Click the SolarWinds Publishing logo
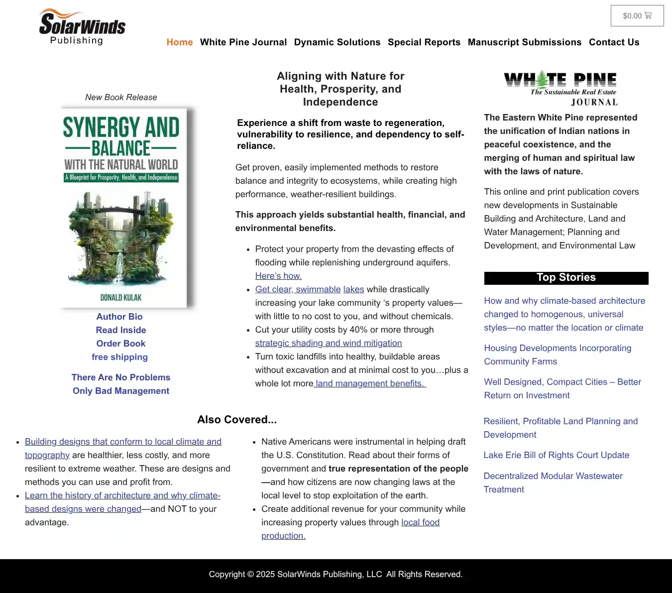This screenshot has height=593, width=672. point(82,27)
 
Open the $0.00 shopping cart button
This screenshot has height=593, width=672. point(637,16)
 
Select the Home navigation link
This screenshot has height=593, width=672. point(180,42)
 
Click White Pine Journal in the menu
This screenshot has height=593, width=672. point(243,42)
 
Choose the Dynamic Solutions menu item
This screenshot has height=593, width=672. point(337,42)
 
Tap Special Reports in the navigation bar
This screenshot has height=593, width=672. point(424,42)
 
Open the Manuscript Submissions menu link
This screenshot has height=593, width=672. point(525,42)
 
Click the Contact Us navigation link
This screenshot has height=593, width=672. point(614,42)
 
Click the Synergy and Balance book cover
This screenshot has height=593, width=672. point(123,208)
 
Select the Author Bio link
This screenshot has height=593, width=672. point(119,317)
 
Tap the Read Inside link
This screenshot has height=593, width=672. point(121,330)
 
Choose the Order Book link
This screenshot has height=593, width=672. point(121,344)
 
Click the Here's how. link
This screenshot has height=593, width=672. point(278,276)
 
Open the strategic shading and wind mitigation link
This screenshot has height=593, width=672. point(329,343)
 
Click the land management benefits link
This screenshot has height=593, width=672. point(370,383)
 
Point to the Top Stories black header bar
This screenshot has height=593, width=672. point(566,278)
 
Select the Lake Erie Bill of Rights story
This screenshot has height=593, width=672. point(557,455)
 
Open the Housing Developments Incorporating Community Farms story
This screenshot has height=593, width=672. point(558,355)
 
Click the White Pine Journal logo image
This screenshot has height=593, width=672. point(560,89)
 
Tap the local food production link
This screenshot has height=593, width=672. point(420,522)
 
